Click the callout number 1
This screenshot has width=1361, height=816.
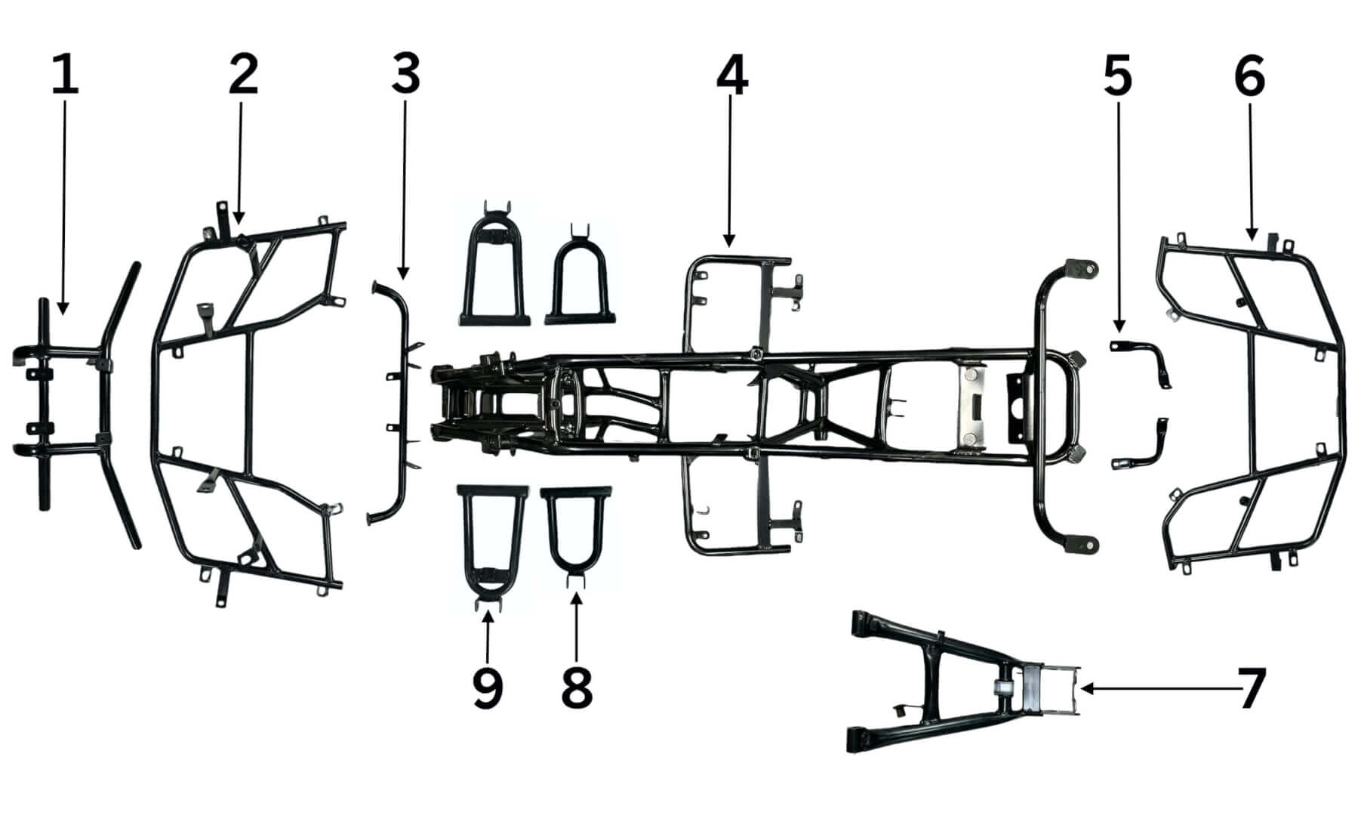click(x=65, y=76)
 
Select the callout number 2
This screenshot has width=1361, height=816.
click(x=243, y=76)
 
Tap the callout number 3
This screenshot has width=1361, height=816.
click(x=405, y=76)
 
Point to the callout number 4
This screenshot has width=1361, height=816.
click(x=731, y=76)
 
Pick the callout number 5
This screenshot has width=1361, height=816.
click(x=1118, y=76)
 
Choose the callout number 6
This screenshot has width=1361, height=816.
click(x=1249, y=76)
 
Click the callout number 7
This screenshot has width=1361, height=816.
click(x=1251, y=688)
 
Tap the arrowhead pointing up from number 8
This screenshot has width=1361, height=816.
click(x=577, y=598)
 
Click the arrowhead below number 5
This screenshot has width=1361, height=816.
click(x=1118, y=327)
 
